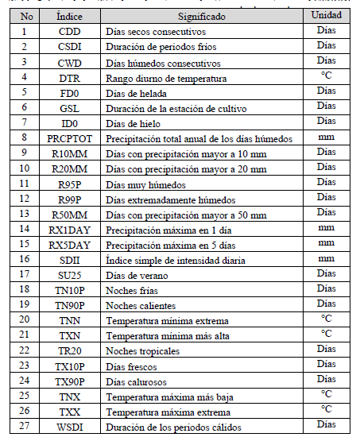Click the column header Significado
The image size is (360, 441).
[201, 15]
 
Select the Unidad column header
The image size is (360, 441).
[327, 15]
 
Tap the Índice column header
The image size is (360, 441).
[75, 15]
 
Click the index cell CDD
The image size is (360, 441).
[75, 31]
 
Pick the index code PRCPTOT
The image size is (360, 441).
[75, 137]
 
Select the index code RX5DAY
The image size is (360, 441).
[75, 244]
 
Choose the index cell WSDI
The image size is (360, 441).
[75, 427]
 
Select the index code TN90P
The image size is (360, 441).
[75, 305]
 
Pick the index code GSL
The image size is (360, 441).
[75, 107]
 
